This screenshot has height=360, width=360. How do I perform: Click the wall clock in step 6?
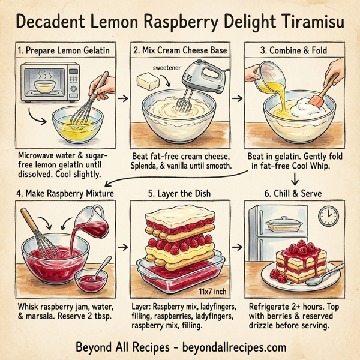(x=327, y=214)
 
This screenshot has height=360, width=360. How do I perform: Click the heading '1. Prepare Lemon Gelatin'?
(x=63, y=52)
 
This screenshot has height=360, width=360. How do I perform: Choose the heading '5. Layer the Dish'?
(x=180, y=193)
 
